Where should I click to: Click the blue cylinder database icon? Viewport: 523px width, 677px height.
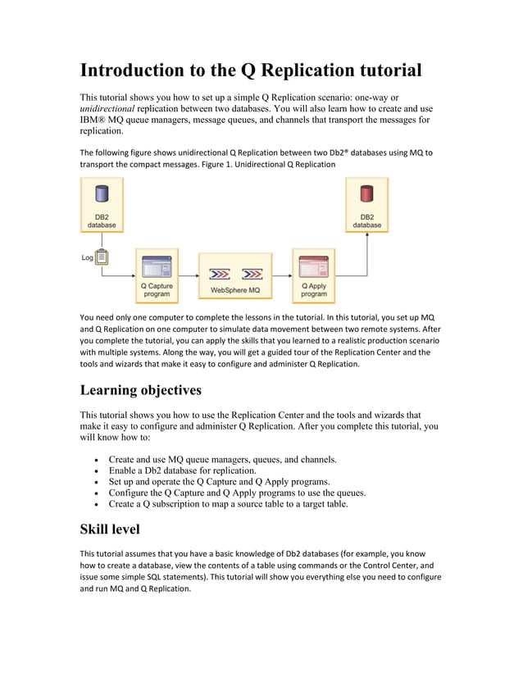click(102, 195)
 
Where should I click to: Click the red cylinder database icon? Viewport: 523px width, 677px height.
click(366, 195)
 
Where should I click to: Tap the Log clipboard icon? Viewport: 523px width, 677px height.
click(102, 257)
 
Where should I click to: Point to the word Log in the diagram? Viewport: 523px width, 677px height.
click(87, 257)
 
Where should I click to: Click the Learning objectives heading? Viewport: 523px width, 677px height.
click(140, 388)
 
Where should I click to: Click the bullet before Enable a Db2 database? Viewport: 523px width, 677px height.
click(98, 471)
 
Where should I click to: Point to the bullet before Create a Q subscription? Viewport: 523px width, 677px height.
click(98, 505)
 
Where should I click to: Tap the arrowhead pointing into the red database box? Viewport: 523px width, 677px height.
click(367, 234)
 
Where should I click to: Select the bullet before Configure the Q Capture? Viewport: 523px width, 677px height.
click(98, 493)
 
